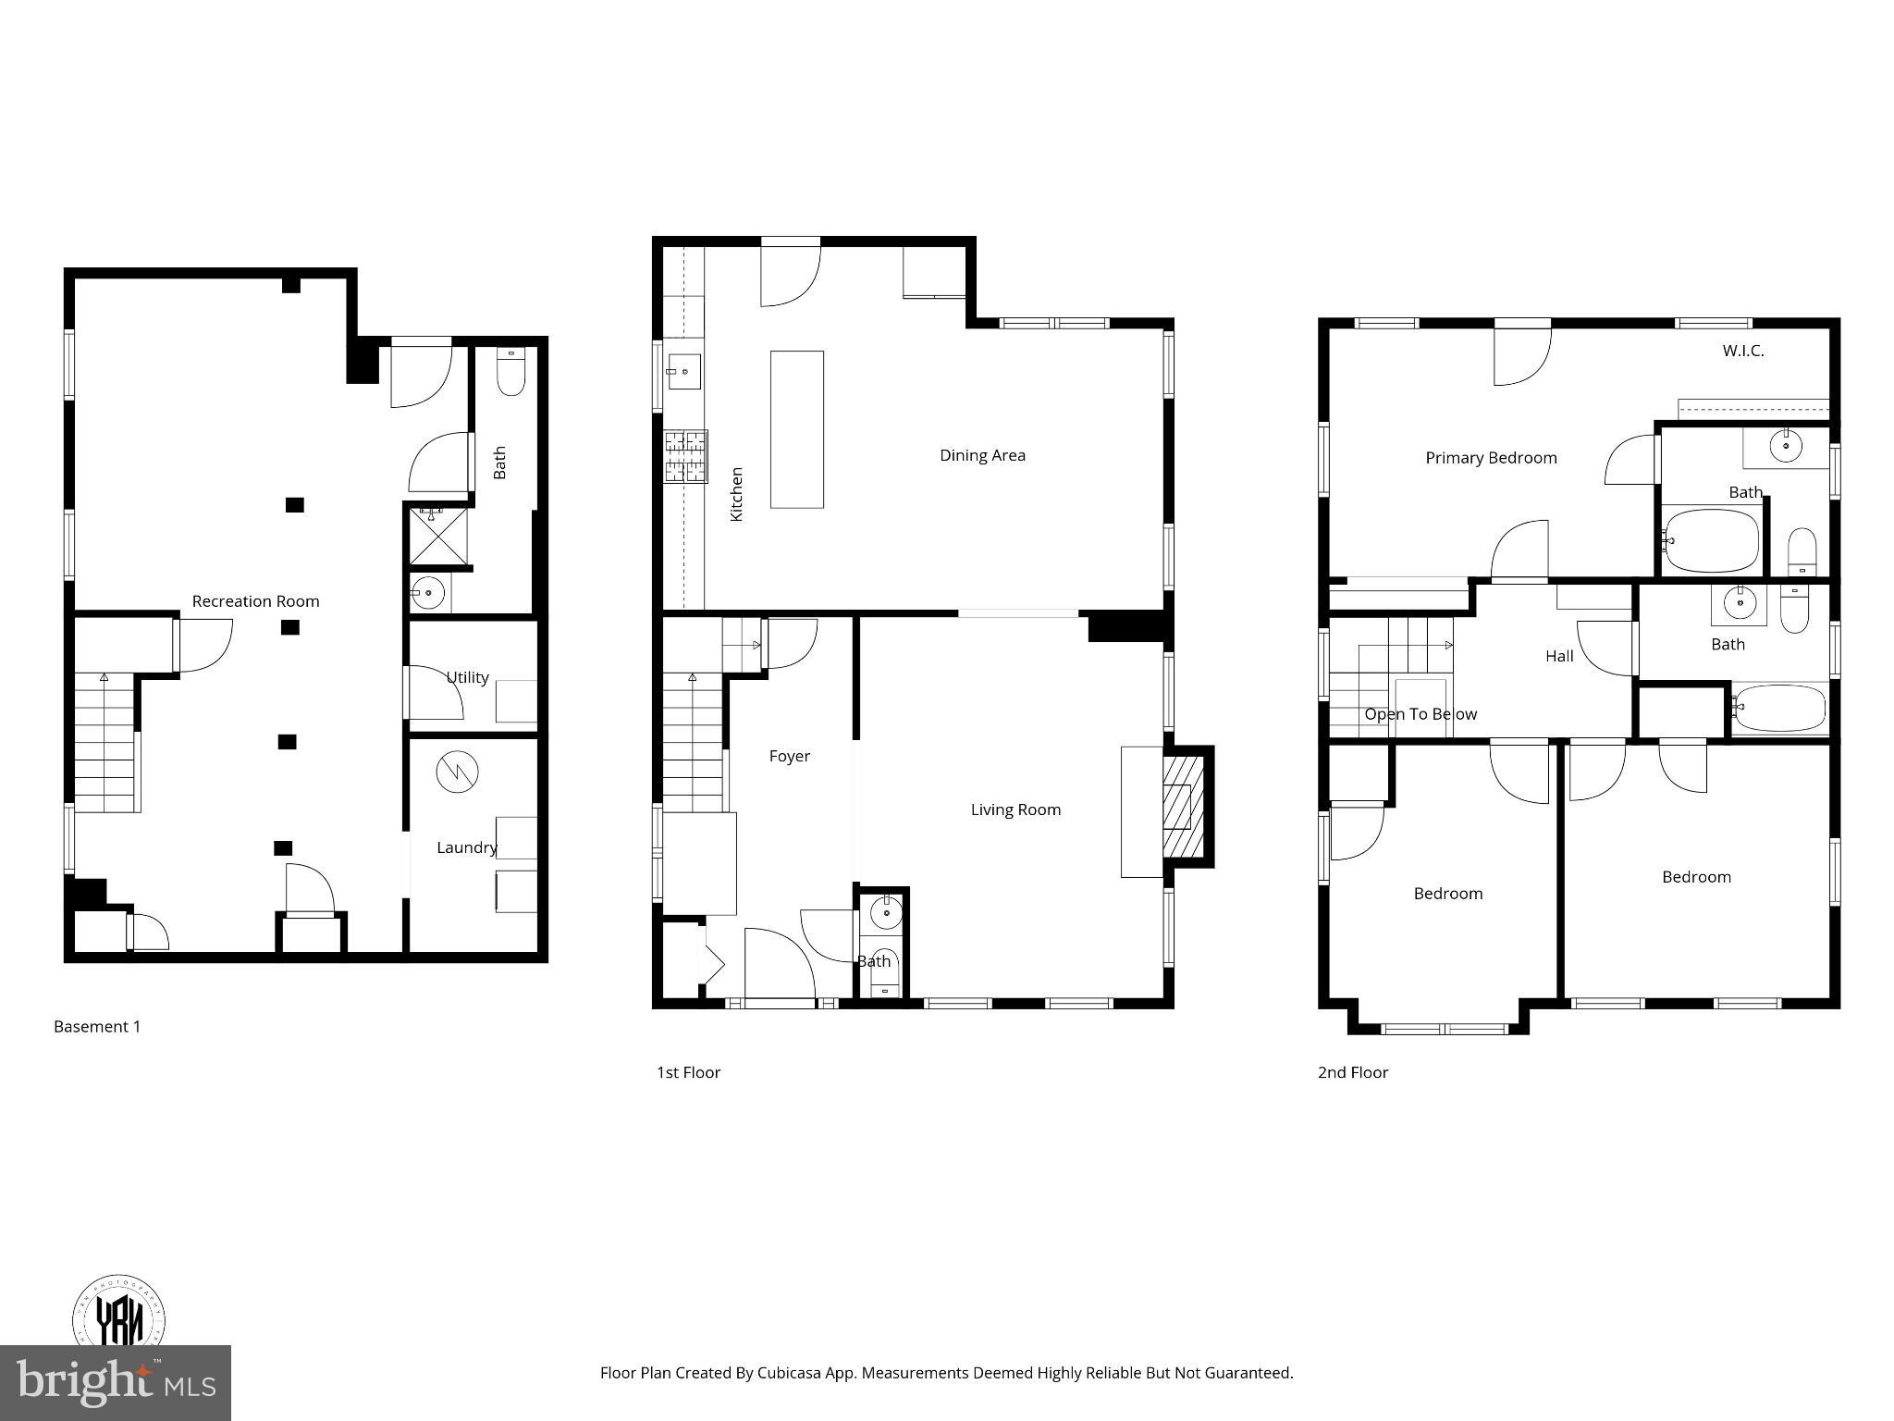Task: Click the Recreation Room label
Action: pos(255,601)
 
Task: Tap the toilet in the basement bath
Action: pos(510,372)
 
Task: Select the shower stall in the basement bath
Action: pos(439,536)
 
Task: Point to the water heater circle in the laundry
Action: pos(458,773)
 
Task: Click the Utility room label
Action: pos(467,678)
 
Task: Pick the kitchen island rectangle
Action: pos(796,429)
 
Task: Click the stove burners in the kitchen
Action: pos(685,456)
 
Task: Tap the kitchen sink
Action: pos(683,372)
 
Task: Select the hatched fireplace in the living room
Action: pos(1183,806)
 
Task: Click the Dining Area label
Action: pos(982,455)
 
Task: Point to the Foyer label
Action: pos(789,757)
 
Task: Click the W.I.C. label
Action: pos(1742,352)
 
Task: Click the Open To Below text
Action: pos(1420,714)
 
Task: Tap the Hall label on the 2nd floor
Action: pos(1559,656)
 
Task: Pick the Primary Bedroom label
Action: pos(1491,458)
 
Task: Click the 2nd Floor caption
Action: pos(1352,1072)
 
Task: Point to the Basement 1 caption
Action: pos(97,1026)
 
